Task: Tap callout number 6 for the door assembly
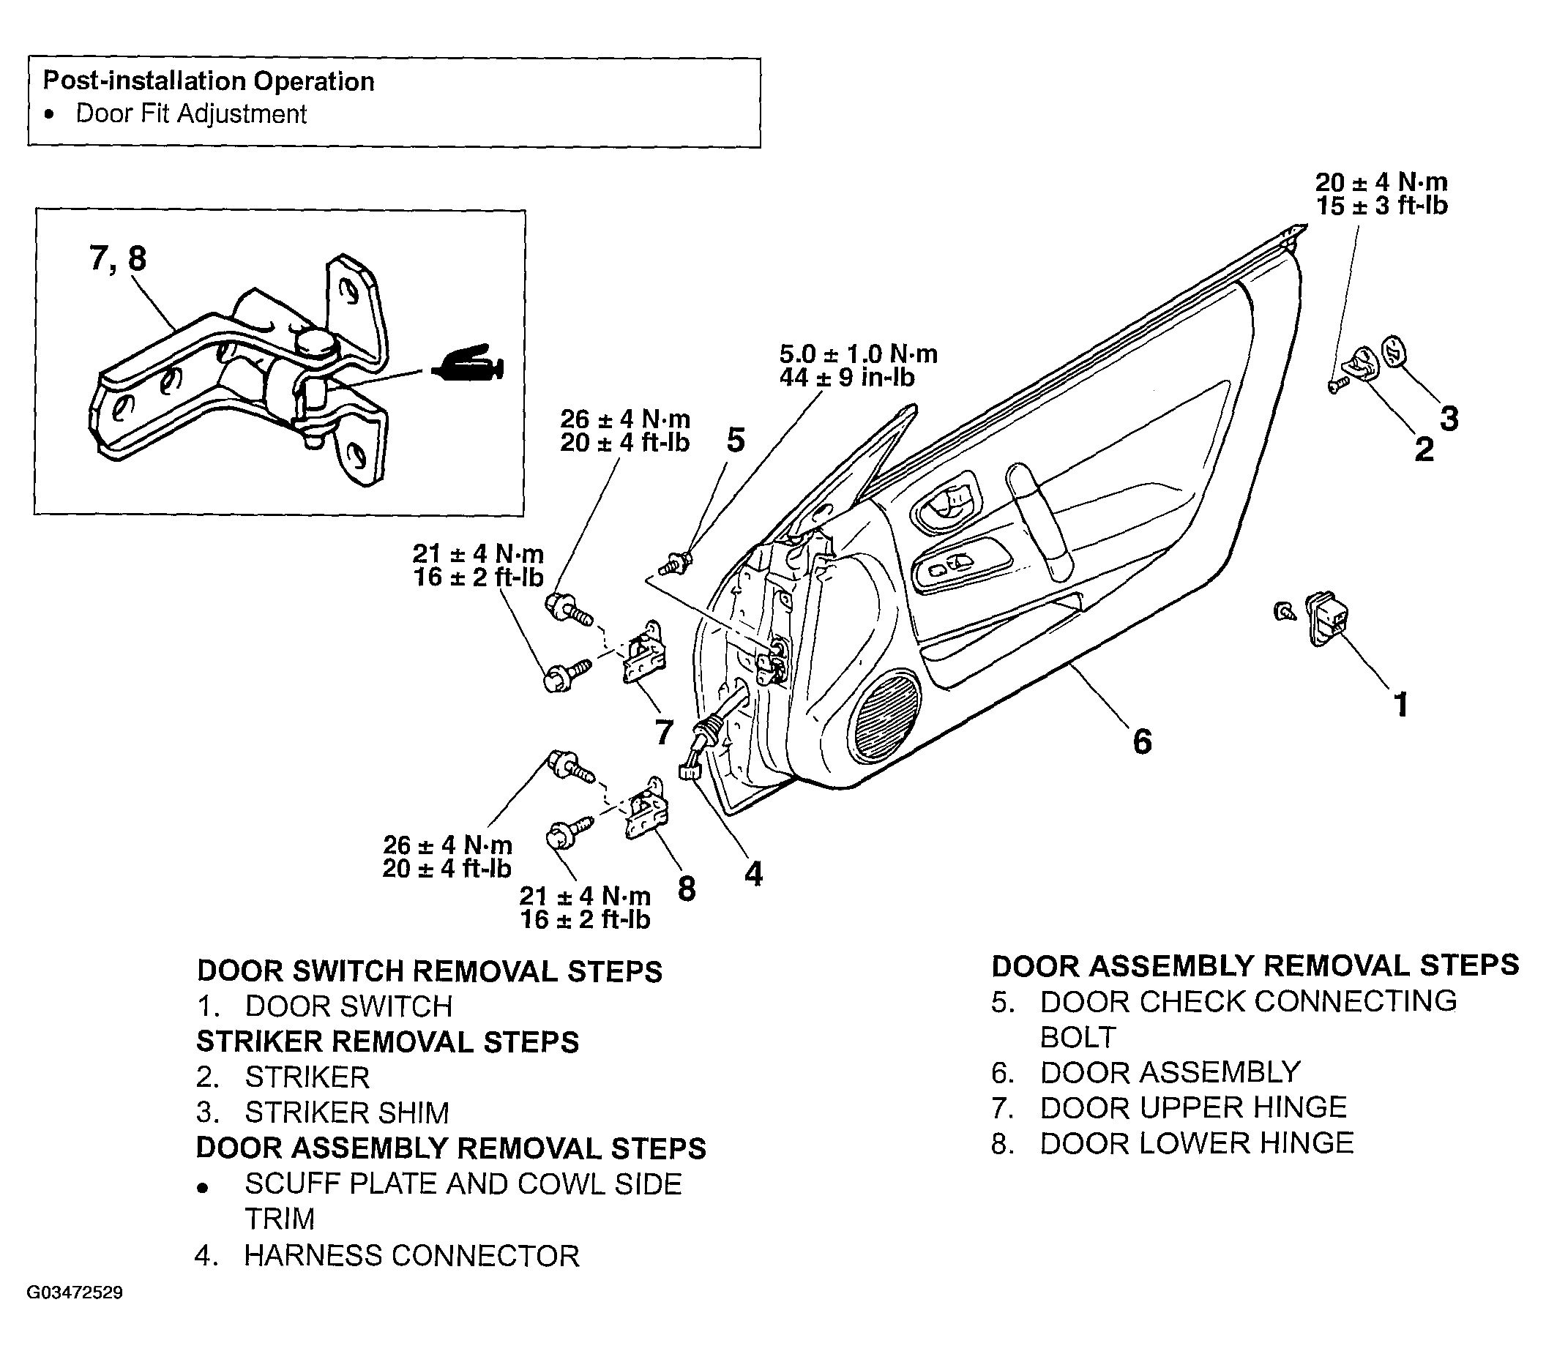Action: point(1142,741)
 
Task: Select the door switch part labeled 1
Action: point(1328,618)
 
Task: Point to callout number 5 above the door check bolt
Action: point(735,440)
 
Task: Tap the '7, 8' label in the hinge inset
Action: point(118,258)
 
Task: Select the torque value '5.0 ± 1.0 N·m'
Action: point(859,354)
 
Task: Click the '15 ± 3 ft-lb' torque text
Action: point(1382,206)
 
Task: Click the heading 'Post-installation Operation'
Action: point(209,81)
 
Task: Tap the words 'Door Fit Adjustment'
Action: point(191,114)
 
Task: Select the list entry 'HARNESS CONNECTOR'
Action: point(412,1255)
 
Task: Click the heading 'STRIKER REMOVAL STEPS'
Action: point(388,1042)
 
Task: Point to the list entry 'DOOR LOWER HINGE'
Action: point(1197,1143)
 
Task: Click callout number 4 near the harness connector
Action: point(753,874)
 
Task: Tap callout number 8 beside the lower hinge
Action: point(686,888)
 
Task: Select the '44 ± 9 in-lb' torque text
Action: point(847,377)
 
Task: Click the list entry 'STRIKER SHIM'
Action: point(347,1113)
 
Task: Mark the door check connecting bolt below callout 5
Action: point(677,563)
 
